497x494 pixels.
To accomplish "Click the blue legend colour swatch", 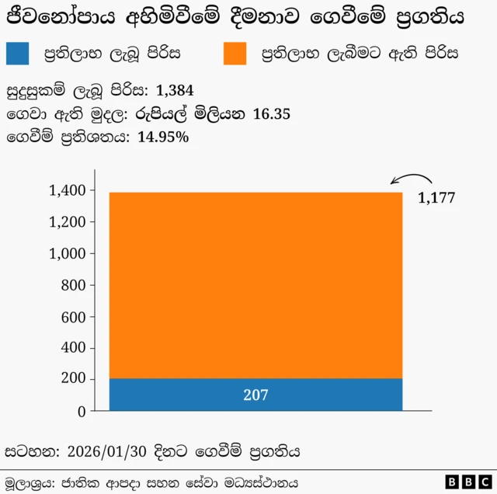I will coord(18,53).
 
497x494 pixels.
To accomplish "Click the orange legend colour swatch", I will coord(235,53).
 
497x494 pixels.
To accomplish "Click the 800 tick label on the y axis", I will coord(72,285).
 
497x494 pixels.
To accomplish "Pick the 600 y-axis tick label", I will coord(72,317).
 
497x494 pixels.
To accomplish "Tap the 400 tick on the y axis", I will coord(72,349).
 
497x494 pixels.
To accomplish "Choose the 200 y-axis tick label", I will coord(72,380).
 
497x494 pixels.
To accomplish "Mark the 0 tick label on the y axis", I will coord(81,412).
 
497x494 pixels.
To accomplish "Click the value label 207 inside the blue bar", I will coord(255,395).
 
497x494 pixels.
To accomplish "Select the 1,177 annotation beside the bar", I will coord(436,198).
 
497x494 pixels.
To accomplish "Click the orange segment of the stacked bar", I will coord(255,284).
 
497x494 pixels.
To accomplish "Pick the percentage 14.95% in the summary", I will coord(162,137).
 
